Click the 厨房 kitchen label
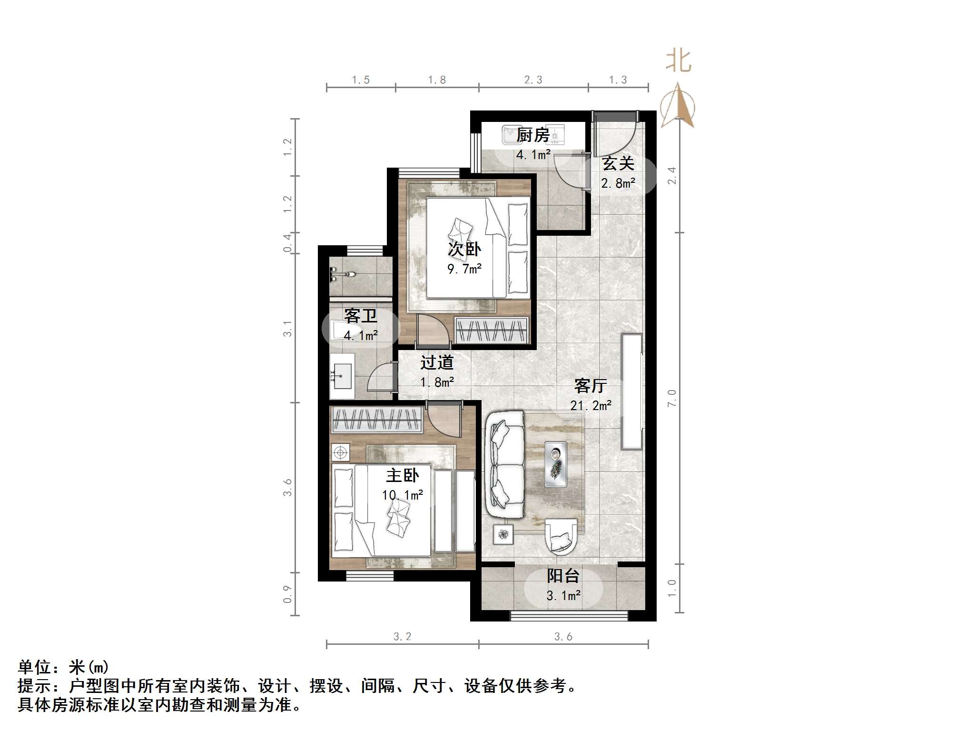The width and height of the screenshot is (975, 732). pos(533,135)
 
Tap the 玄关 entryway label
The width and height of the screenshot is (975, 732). pos(618,164)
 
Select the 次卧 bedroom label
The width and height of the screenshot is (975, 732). pos(464,249)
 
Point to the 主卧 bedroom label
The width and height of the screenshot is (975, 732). pos(403,475)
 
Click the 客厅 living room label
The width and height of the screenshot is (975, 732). pos(591,386)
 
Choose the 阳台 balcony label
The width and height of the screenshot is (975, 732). pos(563,576)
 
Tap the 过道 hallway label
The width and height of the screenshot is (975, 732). pos(437,363)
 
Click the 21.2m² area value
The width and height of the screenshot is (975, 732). pos(591,406)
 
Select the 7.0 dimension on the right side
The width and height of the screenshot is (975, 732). pos(672,398)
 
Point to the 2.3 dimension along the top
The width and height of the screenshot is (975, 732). pos(533,80)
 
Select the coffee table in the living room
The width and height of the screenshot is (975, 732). pos(555,464)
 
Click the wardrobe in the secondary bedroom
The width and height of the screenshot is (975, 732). pos(492,330)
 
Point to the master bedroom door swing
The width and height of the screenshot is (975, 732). pos(444,419)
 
